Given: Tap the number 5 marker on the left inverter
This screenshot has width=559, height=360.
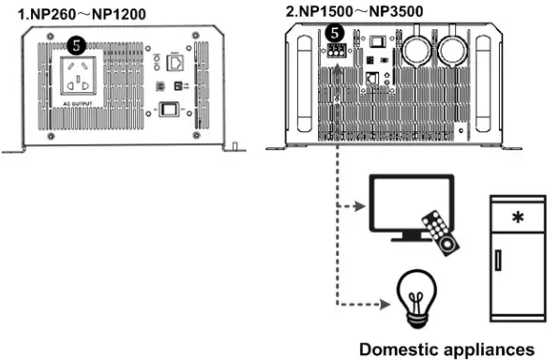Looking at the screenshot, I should (74, 43).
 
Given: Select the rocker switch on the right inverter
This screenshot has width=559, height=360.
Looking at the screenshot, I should (375, 39).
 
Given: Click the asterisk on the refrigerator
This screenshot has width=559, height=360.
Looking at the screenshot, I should (516, 218).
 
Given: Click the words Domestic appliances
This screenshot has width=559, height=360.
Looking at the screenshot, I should (448, 349).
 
